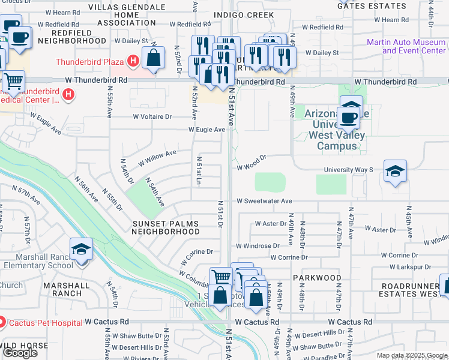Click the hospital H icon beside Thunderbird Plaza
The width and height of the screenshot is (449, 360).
pos(133,62)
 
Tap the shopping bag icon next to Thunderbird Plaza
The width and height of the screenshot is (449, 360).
pos(154,58)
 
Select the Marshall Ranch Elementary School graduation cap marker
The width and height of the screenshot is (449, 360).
pos(81,250)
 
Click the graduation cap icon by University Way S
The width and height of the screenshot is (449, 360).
pos(395,172)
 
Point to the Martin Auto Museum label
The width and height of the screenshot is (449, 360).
pos(406,46)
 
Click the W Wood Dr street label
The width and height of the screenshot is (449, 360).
pos(250,157)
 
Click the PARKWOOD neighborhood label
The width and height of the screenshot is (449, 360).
pos(316,278)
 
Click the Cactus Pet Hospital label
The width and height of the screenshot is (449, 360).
pos(44,323)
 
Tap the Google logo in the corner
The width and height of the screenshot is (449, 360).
pos(20,353)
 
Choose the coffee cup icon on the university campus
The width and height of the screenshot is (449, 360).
pos(348,118)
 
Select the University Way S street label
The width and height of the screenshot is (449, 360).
pos(348,170)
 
